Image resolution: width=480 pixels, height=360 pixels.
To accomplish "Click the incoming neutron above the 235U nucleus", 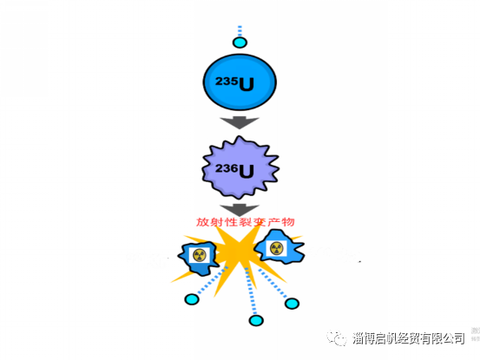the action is (240, 43).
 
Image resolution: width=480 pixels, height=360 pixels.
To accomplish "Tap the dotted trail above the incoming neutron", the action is (240, 31).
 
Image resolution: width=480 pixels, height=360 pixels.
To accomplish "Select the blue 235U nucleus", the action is (240, 82).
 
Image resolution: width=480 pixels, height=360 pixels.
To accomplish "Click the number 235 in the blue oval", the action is (227, 82).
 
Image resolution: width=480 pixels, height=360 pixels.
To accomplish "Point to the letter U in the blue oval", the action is (247, 84).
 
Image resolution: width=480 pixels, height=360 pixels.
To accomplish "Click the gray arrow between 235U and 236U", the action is (240, 122).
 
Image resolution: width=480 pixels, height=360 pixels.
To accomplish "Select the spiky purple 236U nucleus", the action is (240, 167).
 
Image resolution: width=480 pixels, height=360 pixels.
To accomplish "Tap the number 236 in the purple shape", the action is (227, 168).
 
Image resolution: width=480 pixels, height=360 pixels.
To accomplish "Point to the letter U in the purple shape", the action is (247, 171).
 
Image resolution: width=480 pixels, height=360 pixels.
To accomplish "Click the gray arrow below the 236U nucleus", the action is (240, 210).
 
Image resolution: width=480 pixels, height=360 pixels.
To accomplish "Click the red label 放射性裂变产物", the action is (245, 222).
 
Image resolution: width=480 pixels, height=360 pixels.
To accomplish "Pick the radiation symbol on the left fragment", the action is (200, 255).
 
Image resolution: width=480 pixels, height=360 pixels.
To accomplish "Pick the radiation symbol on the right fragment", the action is (276, 248).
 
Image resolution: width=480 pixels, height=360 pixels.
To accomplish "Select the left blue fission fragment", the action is (197, 258).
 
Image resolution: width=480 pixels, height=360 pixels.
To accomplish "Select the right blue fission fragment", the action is (279, 247).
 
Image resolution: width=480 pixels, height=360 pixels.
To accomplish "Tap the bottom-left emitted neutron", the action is (192, 298).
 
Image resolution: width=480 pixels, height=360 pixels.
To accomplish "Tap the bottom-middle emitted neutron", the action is (256, 320).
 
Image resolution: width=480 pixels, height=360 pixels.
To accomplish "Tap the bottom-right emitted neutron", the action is (292, 304).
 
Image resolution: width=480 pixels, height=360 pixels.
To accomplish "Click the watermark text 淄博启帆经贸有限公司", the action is (408, 338).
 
